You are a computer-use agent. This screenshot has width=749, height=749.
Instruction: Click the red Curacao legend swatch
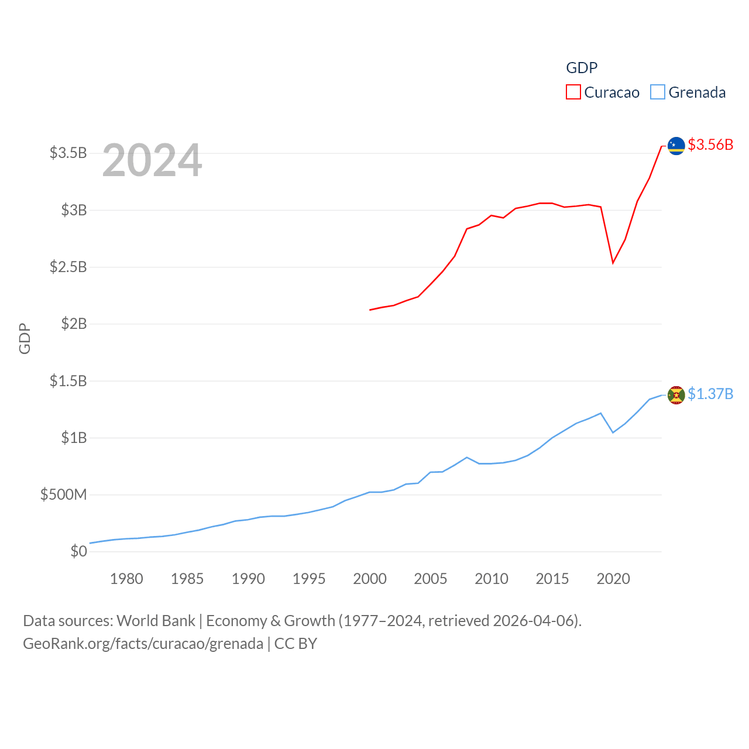tap(573, 92)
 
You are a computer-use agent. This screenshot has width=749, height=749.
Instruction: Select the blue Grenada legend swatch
tap(658, 92)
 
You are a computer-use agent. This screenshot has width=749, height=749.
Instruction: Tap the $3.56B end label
tap(710, 145)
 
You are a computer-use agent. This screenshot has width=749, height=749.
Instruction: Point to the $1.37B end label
tap(710, 394)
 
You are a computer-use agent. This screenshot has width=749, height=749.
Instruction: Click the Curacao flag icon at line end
tap(676, 146)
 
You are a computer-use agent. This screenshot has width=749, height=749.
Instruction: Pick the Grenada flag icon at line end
tap(676, 396)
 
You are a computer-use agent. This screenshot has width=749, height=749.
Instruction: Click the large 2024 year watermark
tap(152, 160)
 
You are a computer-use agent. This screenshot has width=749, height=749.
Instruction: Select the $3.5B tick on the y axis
tap(68, 153)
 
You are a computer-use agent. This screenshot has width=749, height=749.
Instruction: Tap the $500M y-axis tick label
tap(63, 495)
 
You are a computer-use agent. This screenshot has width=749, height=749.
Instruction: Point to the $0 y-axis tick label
tap(78, 551)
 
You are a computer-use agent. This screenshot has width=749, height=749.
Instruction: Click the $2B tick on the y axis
tap(74, 324)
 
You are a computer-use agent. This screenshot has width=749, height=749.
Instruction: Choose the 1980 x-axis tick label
tap(126, 579)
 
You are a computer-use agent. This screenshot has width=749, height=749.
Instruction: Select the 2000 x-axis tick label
tap(370, 579)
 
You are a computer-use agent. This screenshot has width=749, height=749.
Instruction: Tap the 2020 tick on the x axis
tap(613, 579)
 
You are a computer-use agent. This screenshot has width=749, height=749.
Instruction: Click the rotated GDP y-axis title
tap(25, 338)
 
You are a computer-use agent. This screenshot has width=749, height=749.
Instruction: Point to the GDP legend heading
tap(582, 68)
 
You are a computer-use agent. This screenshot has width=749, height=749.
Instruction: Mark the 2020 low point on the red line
tap(613, 263)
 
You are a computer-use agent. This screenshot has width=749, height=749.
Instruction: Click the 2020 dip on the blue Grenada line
tap(613, 432)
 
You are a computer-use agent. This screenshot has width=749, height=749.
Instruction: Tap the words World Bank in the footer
tap(156, 621)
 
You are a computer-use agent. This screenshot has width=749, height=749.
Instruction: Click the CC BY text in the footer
tap(296, 644)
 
